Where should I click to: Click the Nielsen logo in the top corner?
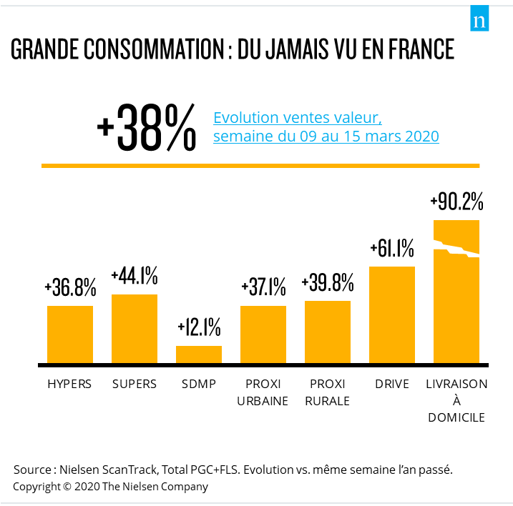click(479, 20)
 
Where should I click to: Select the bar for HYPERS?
click(70, 334)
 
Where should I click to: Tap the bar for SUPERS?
click(135, 328)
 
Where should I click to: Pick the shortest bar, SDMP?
click(199, 354)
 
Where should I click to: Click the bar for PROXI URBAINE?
click(263, 334)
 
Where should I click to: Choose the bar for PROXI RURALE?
click(328, 332)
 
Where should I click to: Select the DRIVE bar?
click(392, 314)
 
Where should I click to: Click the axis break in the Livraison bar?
click(456, 252)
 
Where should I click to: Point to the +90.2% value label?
click(456, 202)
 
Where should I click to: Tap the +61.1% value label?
click(392, 249)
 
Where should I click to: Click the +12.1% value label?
click(199, 328)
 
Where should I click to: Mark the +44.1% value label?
click(135, 277)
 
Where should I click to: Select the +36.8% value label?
click(70, 288)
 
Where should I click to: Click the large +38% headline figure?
click(147, 127)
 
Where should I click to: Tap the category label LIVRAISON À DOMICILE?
click(456, 400)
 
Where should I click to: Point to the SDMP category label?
click(199, 384)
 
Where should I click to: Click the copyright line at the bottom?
click(111, 487)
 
